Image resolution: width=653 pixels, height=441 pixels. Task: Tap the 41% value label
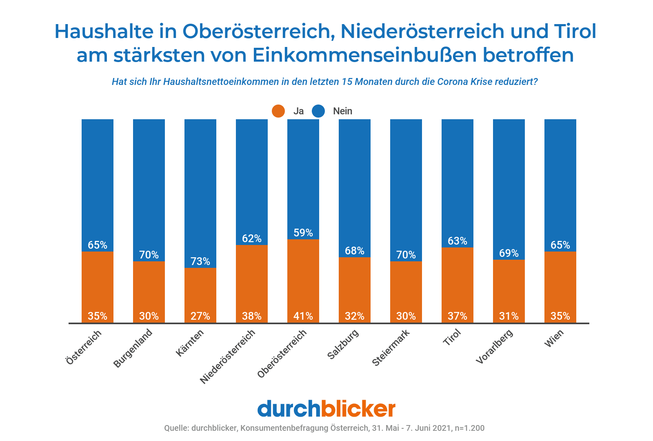click(x=303, y=316)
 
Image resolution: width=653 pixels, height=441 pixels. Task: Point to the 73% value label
click(x=200, y=261)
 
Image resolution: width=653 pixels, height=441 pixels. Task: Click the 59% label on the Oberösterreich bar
click(x=303, y=233)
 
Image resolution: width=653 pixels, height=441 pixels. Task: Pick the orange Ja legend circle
click(x=278, y=111)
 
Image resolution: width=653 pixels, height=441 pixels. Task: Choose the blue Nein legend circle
click(x=318, y=111)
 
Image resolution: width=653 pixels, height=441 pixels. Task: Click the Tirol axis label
click(x=452, y=337)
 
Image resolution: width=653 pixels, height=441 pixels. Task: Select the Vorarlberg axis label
click(x=495, y=346)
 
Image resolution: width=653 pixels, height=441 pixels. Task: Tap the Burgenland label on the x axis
click(x=133, y=348)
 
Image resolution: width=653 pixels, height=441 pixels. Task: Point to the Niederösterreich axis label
click(x=227, y=356)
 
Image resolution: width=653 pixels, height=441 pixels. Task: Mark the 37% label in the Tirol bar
click(x=457, y=316)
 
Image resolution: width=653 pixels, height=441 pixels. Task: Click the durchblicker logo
click(x=326, y=409)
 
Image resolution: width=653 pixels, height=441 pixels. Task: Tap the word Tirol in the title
click(x=575, y=31)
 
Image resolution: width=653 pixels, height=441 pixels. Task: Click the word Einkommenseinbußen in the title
click(x=364, y=55)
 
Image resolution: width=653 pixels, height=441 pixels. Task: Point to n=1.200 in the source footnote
click(x=469, y=428)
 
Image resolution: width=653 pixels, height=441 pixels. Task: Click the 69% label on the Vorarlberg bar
click(x=509, y=253)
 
